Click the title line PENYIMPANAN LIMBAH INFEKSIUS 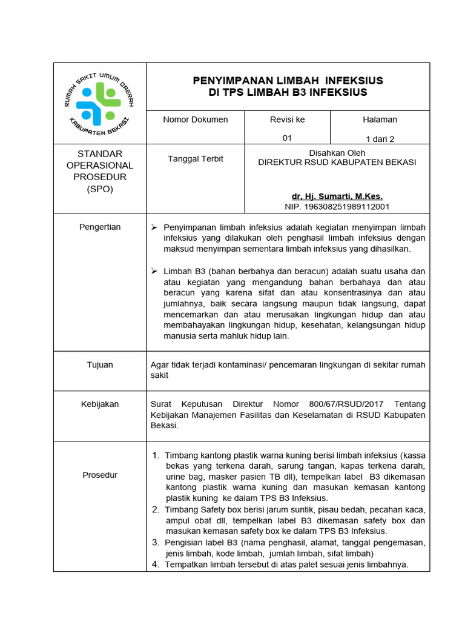click(x=288, y=81)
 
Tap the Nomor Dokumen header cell click(x=196, y=119)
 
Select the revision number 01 click(x=288, y=138)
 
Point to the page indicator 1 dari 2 click(x=380, y=139)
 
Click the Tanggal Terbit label click(x=196, y=159)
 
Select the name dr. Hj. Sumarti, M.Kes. click(x=337, y=196)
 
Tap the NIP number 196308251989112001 click(x=337, y=207)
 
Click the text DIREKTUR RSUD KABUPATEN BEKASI click(x=337, y=163)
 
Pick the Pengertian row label click(x=100, y=227)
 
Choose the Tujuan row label click(x=100, y=365)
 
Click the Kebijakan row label click(x=100, y=404)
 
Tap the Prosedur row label click(x=100, y=475)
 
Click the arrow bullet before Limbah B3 click(x=154, y=271)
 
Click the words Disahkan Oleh click(x=337, y=153)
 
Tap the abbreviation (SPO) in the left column click(x=100, y=189)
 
